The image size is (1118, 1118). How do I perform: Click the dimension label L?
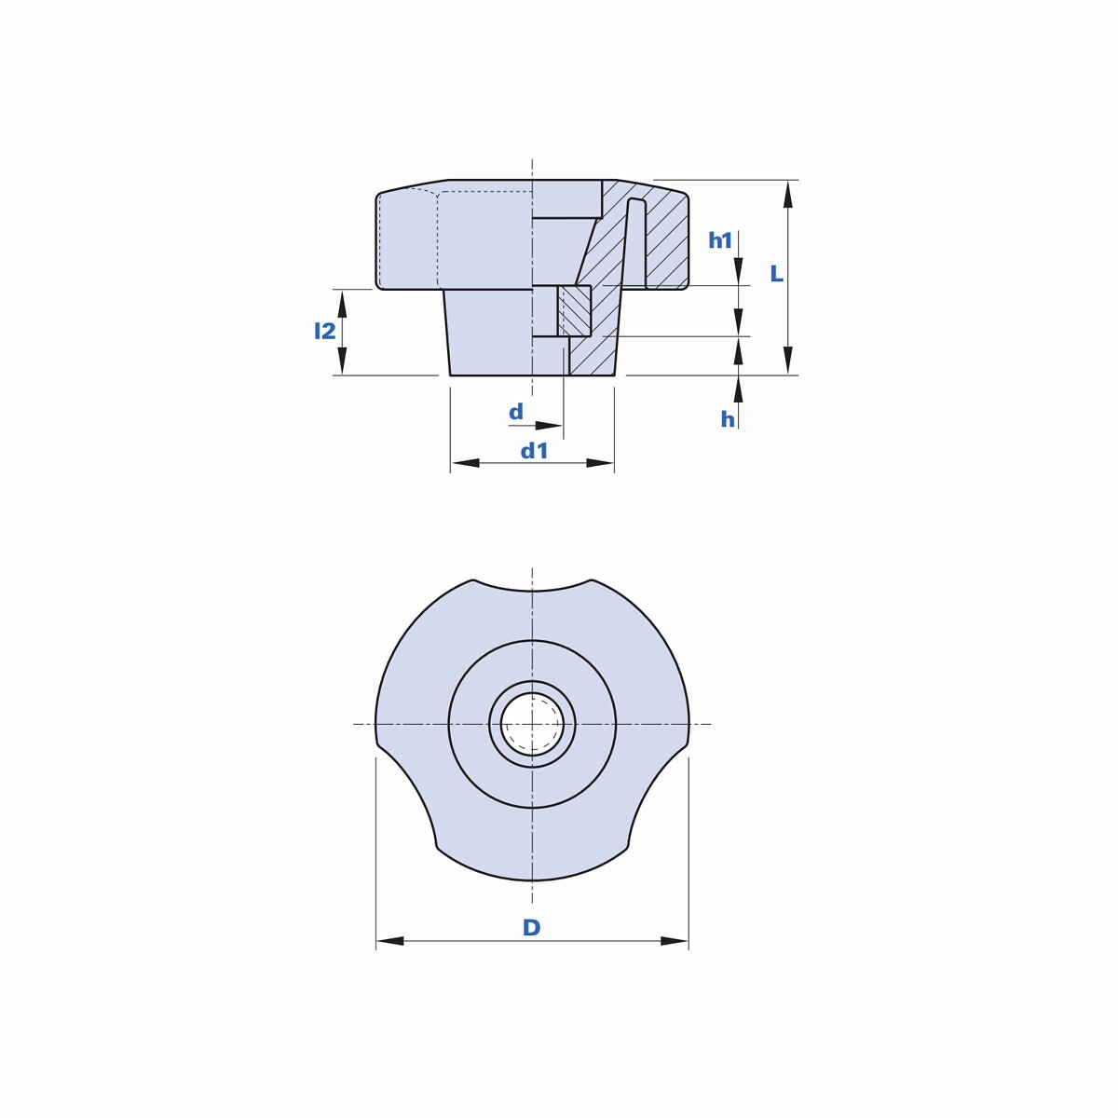point(776,274)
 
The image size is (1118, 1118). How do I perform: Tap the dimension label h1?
point(720,240)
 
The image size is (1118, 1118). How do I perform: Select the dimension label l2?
point(325,331)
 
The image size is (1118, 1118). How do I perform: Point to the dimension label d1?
point(535,451)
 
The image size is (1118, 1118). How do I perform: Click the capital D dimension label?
point(531,927)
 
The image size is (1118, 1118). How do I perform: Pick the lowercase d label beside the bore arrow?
point(516,412)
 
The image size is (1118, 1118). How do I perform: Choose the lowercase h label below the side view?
point(728,419)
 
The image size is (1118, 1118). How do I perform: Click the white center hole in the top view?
point(532,724)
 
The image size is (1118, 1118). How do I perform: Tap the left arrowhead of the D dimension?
point(389,940)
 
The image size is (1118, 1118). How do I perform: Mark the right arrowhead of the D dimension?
point(675,940)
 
